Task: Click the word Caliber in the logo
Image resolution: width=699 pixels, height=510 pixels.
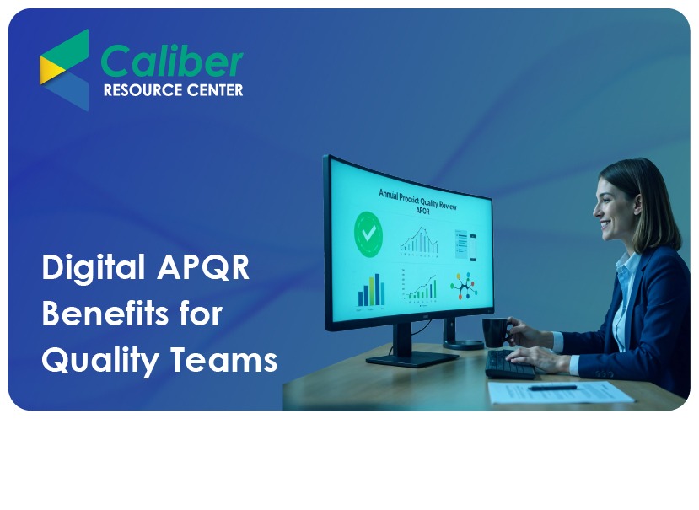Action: (172, 61)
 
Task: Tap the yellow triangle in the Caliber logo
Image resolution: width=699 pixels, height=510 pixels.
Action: (51, 70)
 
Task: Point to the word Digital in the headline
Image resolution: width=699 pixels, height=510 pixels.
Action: (93, 268)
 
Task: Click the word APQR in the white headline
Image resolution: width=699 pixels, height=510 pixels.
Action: (203, 267)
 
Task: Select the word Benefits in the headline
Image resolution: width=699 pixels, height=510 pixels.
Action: (105, 314)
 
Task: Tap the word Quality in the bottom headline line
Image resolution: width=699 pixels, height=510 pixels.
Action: (100, 361)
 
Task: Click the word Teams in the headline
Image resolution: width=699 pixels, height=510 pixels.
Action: (223, 360)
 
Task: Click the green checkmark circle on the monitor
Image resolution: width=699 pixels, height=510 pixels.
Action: (368, 234)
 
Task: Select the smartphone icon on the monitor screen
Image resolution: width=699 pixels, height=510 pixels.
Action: (472, 247)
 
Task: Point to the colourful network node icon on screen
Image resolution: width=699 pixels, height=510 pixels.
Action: (464, 286)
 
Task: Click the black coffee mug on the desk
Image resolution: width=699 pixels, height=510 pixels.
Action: (495, 332)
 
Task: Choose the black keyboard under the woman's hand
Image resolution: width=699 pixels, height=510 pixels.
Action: (509, 364)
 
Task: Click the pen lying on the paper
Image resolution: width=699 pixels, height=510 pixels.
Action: (552, 388)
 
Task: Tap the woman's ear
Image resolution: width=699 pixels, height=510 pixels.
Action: (637, 204)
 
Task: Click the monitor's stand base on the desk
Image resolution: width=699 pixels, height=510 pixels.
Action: (412, 359)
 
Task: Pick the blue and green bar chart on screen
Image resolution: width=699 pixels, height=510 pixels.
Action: (371, 290)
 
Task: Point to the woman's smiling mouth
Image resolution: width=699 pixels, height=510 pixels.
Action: (605, 223)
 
